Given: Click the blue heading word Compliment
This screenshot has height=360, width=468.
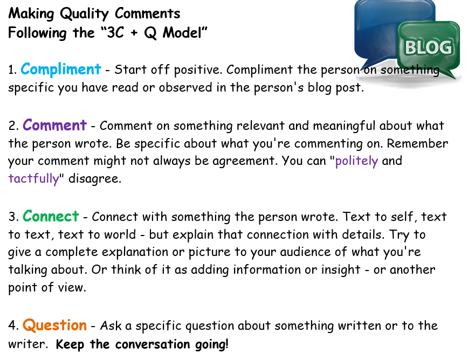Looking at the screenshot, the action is (x=61, y=69).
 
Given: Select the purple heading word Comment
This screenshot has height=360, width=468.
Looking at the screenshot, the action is (x=54, y=125).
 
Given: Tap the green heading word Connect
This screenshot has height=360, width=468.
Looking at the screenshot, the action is (x=51, y=216).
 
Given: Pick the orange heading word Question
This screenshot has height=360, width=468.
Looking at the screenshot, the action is (x=54, y=326).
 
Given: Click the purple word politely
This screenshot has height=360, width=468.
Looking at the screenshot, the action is (x=357, y=161).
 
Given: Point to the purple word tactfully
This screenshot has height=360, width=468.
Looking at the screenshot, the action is (x=34, y=179).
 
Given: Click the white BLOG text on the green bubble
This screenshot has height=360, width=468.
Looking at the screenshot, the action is (x=428, y=47).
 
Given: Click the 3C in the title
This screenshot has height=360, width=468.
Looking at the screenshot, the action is (x=115, y=32).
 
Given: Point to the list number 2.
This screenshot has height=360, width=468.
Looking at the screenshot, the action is (x=13, y=126).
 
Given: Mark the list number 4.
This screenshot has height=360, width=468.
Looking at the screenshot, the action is (x=13, y=326).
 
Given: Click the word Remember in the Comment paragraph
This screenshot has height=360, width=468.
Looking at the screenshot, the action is (x=417, y=143).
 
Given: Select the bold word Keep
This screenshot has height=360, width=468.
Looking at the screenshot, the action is (x=70, y=344).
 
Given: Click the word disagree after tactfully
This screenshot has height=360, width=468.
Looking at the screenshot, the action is (x=95, y=179).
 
